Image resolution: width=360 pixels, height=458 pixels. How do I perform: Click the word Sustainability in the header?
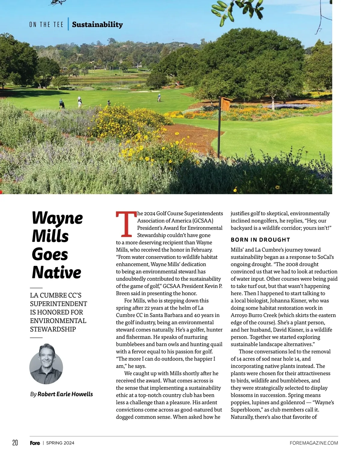(x=97, y=25)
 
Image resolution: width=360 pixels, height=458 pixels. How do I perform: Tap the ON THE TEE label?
(x=46, y=25)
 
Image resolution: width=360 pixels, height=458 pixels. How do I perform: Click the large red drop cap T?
(x=126, y=224)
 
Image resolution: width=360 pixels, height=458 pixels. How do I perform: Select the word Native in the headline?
(x=56, y=272)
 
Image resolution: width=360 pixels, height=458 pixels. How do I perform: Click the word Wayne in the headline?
(x=57, y=218)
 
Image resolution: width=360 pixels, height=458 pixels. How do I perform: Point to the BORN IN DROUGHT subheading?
(x=260, y=240)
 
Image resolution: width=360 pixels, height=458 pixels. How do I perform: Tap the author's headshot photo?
(x=46, y=364)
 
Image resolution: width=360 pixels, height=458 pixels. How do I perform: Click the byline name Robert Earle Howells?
(x=65, y=394)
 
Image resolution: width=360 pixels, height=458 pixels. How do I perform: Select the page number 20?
(x=15, y=443)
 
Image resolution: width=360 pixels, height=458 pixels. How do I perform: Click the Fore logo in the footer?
(x=35, y=443)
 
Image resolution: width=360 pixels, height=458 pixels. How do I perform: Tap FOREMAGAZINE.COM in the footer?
(x=314, y=443)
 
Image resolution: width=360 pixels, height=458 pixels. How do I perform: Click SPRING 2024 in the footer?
(x=60, y=443)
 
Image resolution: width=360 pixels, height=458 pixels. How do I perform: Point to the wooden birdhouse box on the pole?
(x=225, y=104)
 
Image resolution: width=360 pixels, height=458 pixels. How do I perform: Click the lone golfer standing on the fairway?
(x=159, y=97)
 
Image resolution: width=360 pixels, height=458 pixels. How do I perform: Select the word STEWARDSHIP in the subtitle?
(x=53, y=329)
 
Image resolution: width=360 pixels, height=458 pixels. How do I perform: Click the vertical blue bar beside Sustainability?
(x=68, y=24)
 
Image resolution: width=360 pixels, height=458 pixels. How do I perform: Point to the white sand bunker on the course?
(x=145, y=92)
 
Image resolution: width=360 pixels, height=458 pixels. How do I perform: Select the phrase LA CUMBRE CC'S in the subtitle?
(x=56, y=295)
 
